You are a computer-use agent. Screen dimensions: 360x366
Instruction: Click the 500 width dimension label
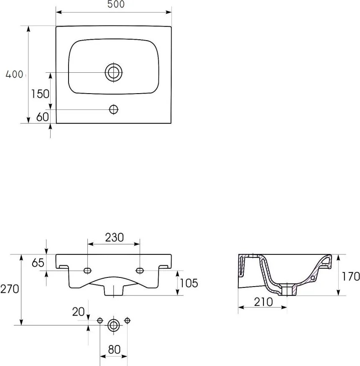[116, 4]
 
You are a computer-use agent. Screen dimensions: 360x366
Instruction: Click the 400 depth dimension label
[14, 74]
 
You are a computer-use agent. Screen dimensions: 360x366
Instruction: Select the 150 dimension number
[40, 94]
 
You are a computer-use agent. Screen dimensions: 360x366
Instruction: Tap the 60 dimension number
[43, 117]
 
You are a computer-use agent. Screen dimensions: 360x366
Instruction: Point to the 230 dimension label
[114, 238]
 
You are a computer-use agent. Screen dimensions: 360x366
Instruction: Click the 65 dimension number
[38, 263]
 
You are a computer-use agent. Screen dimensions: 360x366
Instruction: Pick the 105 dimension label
[189, 283]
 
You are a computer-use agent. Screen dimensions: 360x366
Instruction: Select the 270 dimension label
[10, 289]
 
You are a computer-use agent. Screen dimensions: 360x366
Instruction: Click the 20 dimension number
[78, 312]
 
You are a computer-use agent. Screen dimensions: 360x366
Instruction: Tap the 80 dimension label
[114, 349]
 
